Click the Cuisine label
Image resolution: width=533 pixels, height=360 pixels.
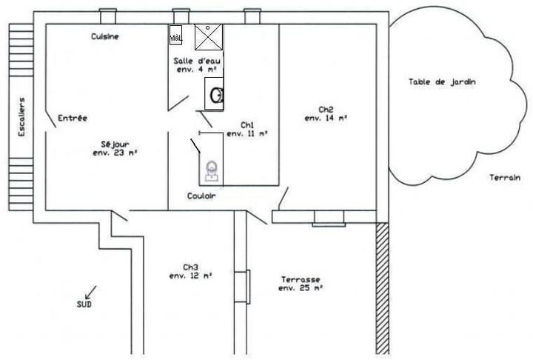tap(105, 36)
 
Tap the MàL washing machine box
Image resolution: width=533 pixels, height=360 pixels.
tap(175, 34)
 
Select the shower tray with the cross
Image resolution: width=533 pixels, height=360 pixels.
tap(208, 37)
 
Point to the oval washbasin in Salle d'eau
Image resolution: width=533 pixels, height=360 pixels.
tap(216, 96)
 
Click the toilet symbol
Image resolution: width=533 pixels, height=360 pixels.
tap(212, 170)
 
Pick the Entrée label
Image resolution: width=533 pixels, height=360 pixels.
tap(73, 118)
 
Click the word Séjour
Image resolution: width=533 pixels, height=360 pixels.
tap(115, 144)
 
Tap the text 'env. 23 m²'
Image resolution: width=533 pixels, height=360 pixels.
tap(115, 153)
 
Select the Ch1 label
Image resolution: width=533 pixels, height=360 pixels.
tap(247, 125)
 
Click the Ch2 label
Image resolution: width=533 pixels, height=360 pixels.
tap(326, 110)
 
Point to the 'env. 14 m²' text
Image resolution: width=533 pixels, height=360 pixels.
tap(326, 118)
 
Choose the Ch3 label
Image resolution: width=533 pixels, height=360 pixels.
tap(190, 267)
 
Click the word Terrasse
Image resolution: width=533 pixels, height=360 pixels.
tap(301, 280)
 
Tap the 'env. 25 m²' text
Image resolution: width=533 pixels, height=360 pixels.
tap(301, 288)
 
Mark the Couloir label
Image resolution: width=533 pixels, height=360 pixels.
tap(201, 196)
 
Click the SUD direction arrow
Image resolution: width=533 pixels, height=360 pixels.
tap(91, 293)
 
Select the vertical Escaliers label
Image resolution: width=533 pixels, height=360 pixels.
tap(21, 117)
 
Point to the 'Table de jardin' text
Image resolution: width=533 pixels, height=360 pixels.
tap(442, 81)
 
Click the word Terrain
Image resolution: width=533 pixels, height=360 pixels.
tap(505, 177)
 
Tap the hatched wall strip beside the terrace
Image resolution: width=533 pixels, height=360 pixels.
tap(383, 288)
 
